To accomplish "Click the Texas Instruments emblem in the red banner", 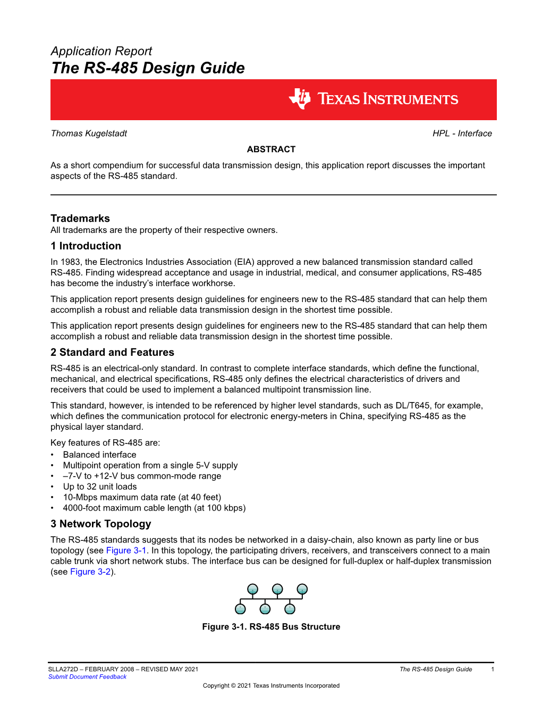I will coord(300,99).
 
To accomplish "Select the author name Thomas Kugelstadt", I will coord(89,133).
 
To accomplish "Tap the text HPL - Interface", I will coord(462,133).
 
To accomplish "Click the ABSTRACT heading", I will coord(271,149).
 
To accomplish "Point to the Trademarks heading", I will coord(80,219).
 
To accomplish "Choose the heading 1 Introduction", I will coord(86,246).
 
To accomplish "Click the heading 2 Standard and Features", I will coord(112,353).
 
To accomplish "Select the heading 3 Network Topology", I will coord(101,524).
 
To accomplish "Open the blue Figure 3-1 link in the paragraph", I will coord(126,550).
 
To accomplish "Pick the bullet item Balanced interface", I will coord(99,455).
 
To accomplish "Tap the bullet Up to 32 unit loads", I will coord(100,487).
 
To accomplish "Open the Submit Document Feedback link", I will coord(87,677).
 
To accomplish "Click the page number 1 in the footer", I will coord(493,670).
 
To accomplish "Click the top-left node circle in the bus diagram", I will coord(253,589).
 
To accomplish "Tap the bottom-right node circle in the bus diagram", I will coord(290,609).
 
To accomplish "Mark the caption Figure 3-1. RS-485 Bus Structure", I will coord(271,627).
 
